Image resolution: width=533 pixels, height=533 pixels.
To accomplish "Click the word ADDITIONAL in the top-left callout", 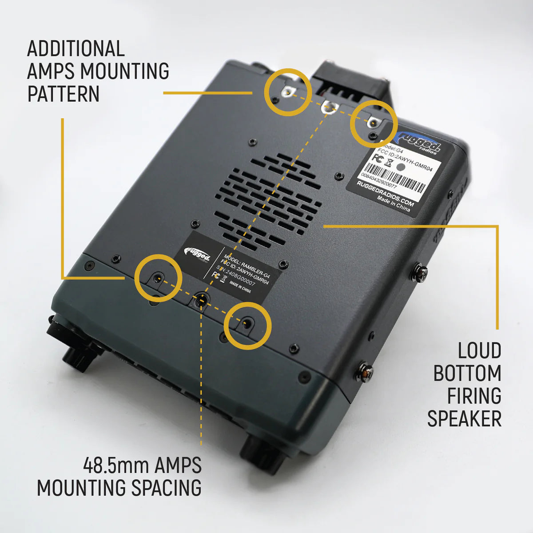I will (76, 49).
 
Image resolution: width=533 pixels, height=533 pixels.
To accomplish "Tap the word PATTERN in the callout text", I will (64, 94).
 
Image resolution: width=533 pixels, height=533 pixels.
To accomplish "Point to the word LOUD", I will (479, 351).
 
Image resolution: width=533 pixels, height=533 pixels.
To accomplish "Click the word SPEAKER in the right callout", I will (464, 418).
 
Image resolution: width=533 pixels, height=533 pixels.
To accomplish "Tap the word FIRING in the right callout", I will (474, 396).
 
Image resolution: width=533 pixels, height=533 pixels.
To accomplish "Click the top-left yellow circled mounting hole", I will (287, 92).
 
